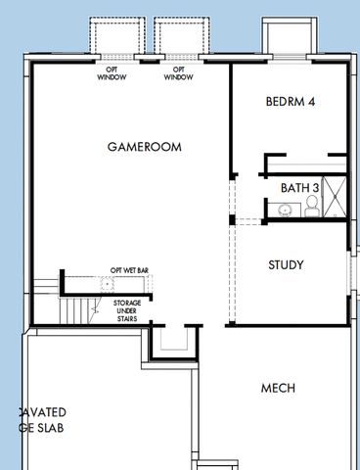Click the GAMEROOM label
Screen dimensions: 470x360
(144, 146)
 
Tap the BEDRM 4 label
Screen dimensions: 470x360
(290, 102)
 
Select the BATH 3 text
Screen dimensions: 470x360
(299, 187)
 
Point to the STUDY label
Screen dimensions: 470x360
(286, 264)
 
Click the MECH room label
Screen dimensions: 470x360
(278, 389)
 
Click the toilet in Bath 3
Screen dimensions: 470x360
(310, 204)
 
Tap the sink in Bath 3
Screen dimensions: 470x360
(285, 208)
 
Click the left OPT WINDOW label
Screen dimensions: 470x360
(112, 73)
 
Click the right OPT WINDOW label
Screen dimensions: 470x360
(178, 73)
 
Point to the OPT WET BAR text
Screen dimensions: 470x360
(129, 269)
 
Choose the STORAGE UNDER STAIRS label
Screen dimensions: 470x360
(127, 309)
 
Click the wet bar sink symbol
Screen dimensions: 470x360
(107, 284)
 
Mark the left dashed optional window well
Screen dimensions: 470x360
(114, 37)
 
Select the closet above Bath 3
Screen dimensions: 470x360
(304, 164)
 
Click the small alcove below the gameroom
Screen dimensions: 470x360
(175, 339)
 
